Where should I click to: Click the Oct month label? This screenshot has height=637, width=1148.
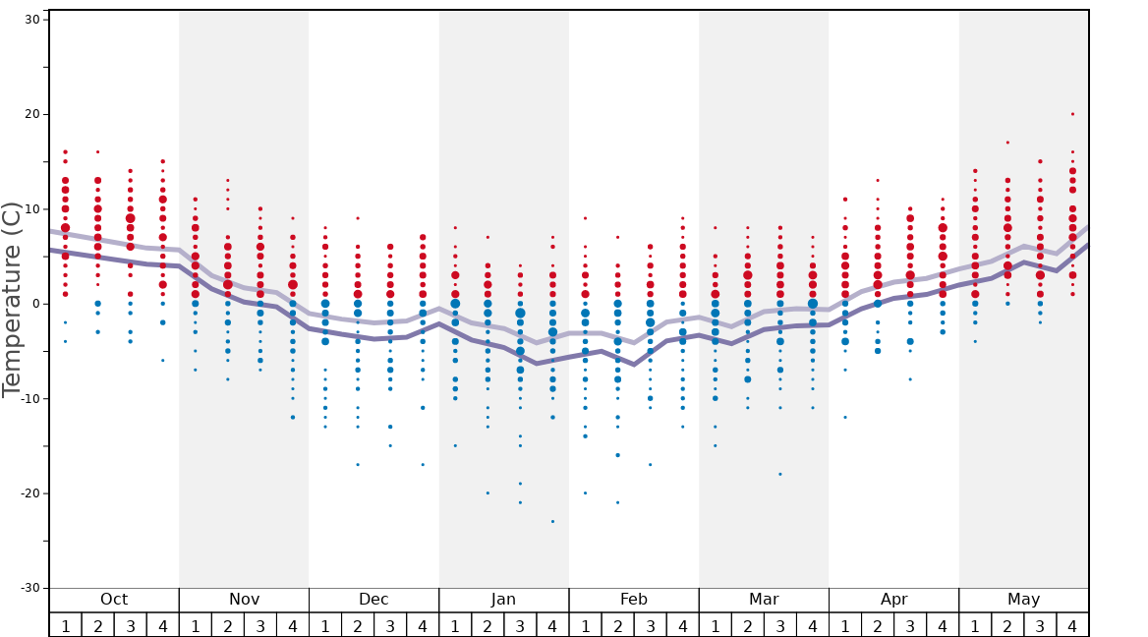coord(114,600)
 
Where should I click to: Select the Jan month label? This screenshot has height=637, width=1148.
coord(503,600)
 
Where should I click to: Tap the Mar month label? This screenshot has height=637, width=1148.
coord(764,600)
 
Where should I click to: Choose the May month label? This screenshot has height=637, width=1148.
coord(1023,600)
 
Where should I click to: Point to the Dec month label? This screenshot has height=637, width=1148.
coord(373,600)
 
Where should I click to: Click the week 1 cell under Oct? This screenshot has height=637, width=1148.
coord(65,625)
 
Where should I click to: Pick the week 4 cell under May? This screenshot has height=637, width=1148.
coord(1072,625)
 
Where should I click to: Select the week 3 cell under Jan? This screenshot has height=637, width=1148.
coord(520,625)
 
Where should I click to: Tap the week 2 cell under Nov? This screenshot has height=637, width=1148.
coord(228,625)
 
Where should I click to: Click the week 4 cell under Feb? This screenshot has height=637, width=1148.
coord(682,625)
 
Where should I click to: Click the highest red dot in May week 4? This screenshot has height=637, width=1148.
coord(1072,114)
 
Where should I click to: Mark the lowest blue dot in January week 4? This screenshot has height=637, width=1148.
coord(552,521)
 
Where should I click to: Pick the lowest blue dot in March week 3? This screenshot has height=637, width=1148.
coord(780,474)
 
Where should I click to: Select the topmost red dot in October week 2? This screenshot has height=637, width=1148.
coord(97,151)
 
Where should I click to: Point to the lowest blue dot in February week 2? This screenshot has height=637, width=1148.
coord(617,502)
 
